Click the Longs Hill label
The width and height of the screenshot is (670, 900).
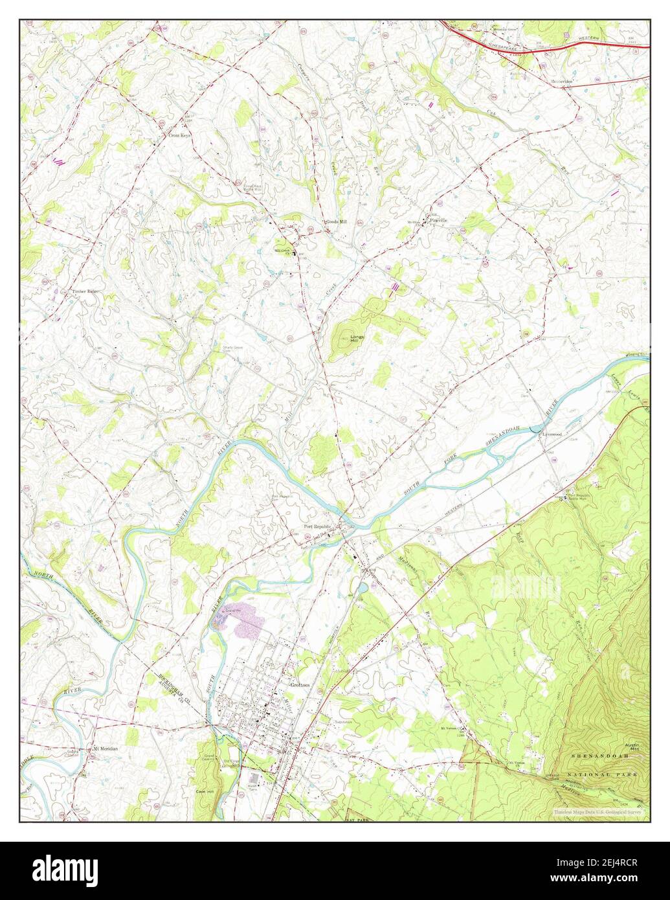pyautogui.click(x=357, y=339)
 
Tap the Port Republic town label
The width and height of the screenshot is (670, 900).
pyautogui.click(x=317, y=526)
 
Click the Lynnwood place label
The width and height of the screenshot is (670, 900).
pyautogui.click(x=552, y=434)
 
